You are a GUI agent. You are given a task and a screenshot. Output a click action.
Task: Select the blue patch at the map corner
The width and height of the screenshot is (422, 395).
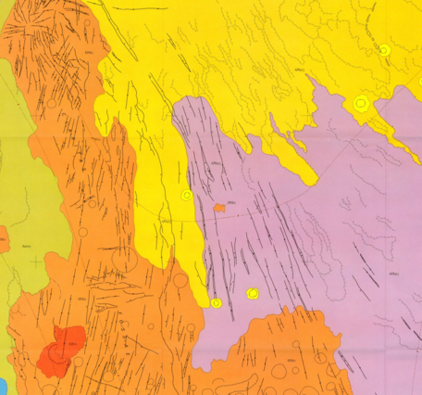pos(3,385)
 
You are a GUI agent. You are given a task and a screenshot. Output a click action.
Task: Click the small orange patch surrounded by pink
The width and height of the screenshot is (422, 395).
pos(219,208)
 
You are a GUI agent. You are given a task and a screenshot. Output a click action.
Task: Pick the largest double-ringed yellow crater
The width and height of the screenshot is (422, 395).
pos(360,104)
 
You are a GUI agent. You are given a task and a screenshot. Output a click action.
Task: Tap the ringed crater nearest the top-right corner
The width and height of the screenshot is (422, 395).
pos(383,50)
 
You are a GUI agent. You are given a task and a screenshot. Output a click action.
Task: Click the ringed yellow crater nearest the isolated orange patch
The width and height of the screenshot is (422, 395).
pos(187,196)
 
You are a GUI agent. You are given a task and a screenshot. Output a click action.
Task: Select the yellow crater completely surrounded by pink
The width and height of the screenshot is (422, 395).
pos(252,294)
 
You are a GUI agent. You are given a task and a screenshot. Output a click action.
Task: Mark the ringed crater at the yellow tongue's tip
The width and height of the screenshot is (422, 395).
pos(216,302)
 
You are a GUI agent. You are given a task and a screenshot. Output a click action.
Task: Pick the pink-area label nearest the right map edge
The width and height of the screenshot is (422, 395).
pos(392,274)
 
